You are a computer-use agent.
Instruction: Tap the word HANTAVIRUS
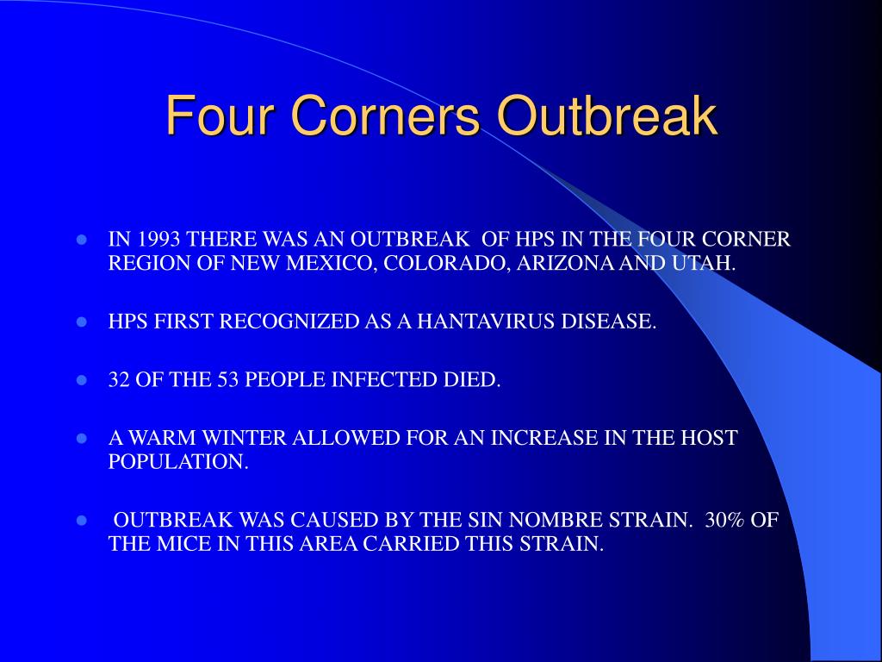pyautogui.click(x=483, y=322)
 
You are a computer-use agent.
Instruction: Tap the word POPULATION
pyautogui.click(x=177, y=461)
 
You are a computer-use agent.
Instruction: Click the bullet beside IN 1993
pyautogui.click(x=83, y=240)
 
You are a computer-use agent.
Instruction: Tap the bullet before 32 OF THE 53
pyautogui.click(x=83, y=380)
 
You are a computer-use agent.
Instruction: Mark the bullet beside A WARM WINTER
pyautogui.click(x=83, y=438)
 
